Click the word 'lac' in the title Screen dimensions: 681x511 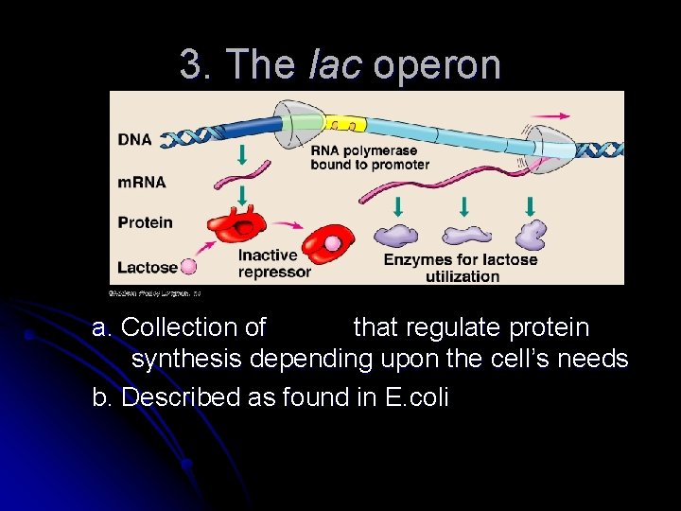point(336,64)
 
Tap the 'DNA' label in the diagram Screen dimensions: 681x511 point(134,139)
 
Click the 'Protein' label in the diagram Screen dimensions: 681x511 point(145,222)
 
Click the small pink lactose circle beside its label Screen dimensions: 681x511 point(188,267)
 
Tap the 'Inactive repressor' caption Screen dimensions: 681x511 point(273,263)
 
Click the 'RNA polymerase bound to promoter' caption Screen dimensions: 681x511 point(370,157)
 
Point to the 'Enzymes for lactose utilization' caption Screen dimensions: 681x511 point(461,267)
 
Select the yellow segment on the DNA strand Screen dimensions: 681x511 point(345,124)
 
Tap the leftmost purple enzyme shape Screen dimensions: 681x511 point(397,236)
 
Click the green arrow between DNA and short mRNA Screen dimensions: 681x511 point(241,155)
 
